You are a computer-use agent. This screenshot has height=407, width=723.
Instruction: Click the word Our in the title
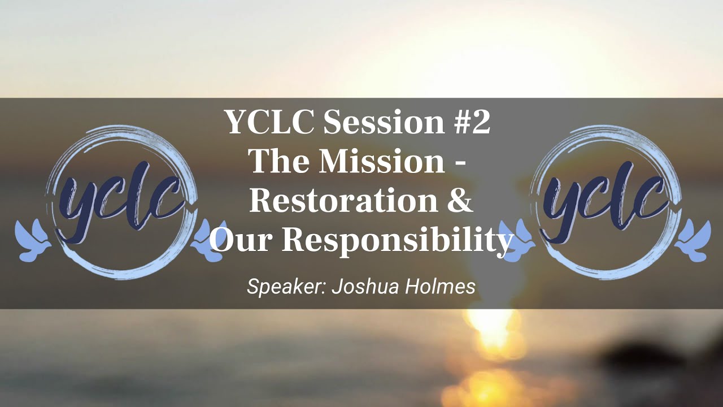tap(241, 241)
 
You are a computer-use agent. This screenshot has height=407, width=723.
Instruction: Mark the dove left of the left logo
tap(33, 240)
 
